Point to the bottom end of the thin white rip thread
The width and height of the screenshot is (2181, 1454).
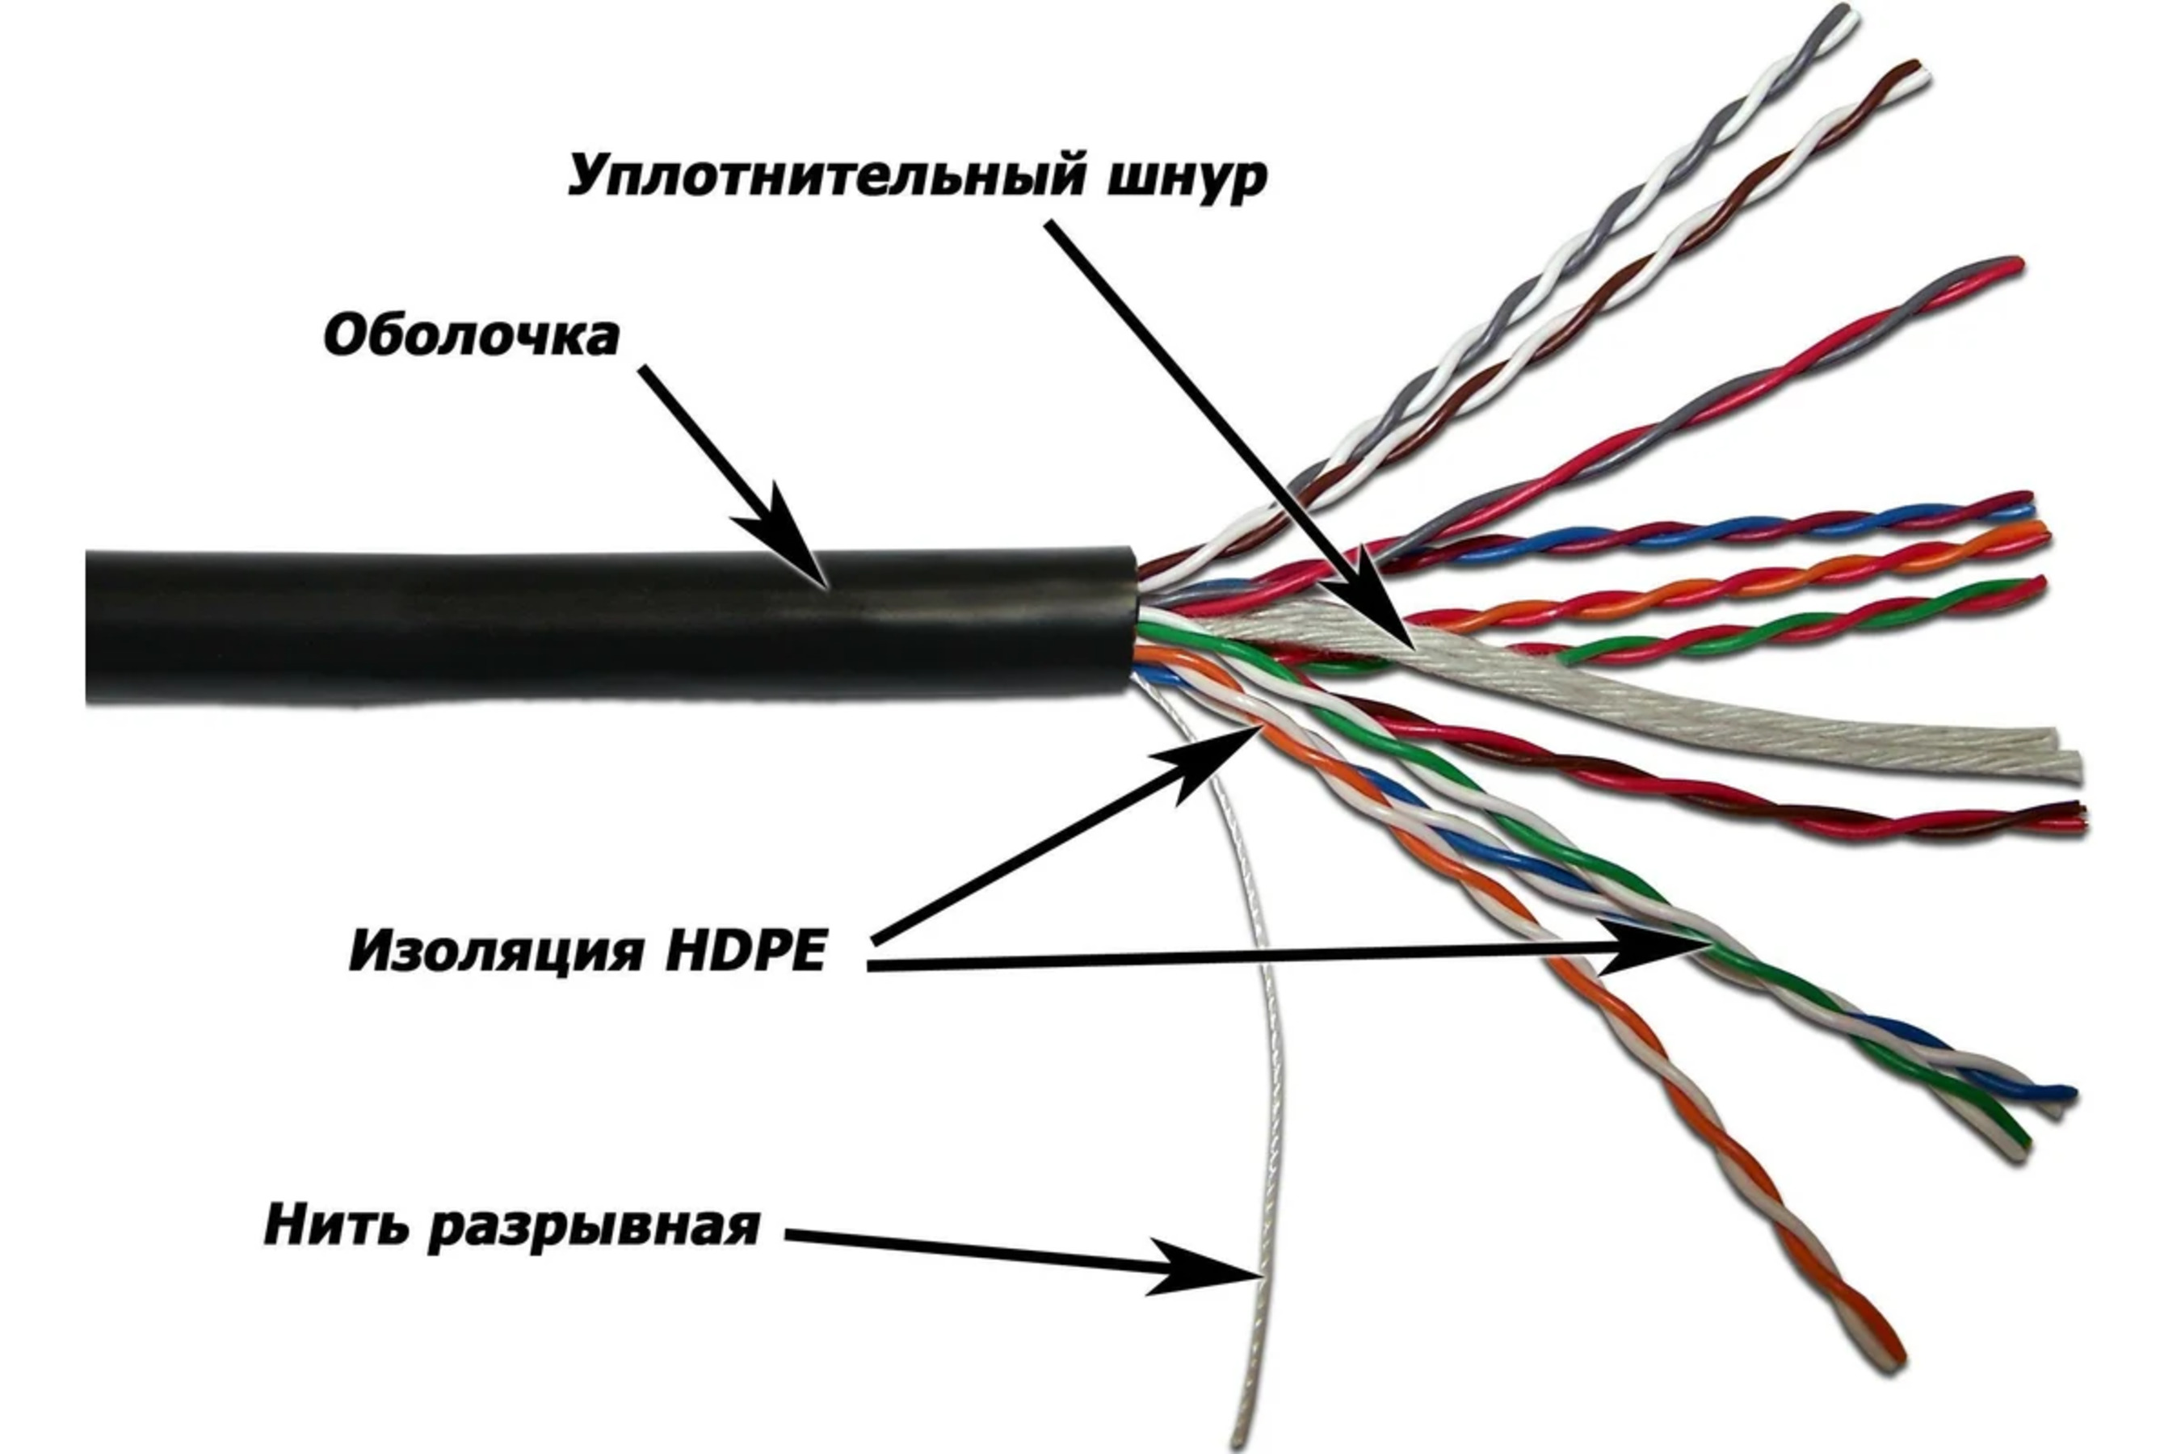(1237, 1445)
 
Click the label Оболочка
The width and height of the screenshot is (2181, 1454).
(471, 337)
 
